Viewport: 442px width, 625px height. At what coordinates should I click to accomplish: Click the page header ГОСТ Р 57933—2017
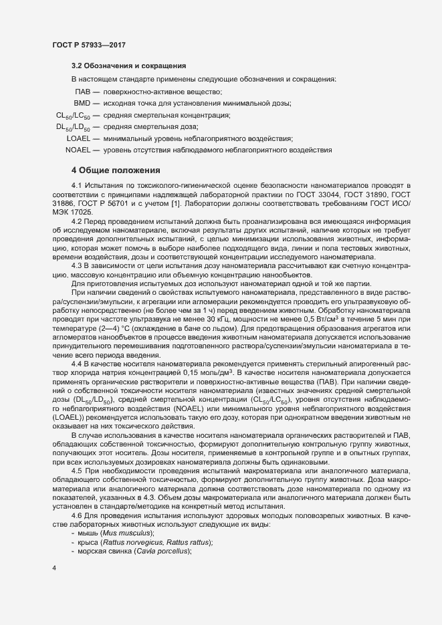tap(90, 45)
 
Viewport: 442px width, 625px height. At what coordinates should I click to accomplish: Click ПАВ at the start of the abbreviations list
tap(83, 91)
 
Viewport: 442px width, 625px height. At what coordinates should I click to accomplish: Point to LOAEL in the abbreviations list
tap(79, 138)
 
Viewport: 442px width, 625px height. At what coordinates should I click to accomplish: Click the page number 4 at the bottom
tap(53, 569)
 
